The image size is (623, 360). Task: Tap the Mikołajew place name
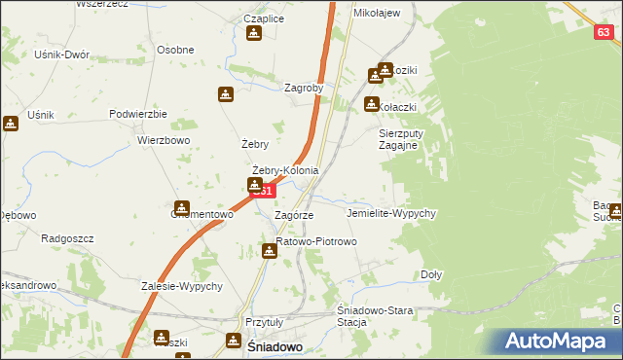click(x=378, y=13)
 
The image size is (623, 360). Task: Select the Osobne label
click(x=175, y=50)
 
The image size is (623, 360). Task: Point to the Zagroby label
click(x=303, y=87)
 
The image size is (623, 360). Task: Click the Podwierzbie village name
click(x=139, y=114)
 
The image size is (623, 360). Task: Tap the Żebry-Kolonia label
click(x=285, y=171)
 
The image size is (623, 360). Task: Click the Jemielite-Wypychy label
click(x=391, y=212)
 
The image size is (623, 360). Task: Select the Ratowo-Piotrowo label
click(x=317, y=241)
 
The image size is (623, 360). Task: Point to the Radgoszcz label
click(x=65, y=237)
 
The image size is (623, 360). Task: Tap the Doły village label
click(x=431, y=274)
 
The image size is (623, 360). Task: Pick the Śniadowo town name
click(x=274, y=346)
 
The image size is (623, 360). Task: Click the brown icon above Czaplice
click(x=254, y=34)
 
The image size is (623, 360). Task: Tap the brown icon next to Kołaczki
click(x=372, y=104)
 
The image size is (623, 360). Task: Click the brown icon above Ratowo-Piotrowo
click(x=270, y=251)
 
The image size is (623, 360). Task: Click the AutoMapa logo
click(x=563, y=341)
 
